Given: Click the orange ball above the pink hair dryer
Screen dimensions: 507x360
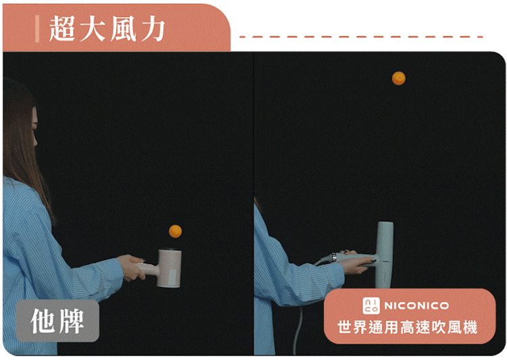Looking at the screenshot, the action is coord(175,232).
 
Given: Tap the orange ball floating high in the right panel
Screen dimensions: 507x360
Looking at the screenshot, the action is coord(399,78).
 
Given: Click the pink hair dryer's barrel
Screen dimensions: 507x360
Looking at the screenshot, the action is coord(169,268).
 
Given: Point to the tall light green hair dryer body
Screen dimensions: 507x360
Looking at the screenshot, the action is coord(385,255).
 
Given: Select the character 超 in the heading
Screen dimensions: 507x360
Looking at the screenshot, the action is coord(62,29).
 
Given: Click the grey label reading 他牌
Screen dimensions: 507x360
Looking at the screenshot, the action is coord(57,321).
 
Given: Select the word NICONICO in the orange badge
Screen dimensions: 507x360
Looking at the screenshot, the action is coord(416,306).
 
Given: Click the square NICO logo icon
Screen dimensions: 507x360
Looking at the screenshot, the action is coord(371,306).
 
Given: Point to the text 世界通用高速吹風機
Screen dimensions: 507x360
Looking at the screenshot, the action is coord(408,327).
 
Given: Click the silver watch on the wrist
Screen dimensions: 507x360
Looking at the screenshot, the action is coord(334,257).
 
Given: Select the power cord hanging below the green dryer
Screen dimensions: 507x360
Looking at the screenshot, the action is coord(297,330).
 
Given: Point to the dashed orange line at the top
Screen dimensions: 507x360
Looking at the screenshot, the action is coord(361,37).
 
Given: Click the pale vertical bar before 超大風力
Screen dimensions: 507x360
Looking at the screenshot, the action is coord(37,29).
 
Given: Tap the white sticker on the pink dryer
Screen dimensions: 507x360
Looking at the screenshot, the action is coord(173,277).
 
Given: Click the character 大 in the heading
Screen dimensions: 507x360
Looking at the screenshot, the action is coord(93,29).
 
